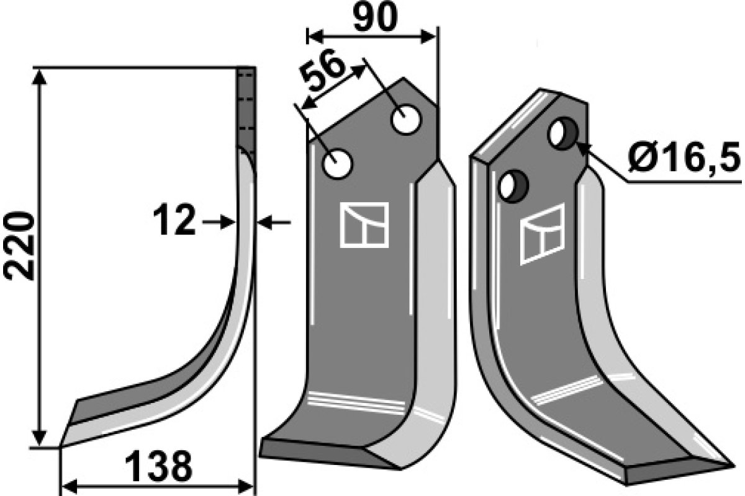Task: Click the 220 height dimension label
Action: (19, 246)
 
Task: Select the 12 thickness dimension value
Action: (175, 222)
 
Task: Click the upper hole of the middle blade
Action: (406, 121)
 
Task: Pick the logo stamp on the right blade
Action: (542, 233)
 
